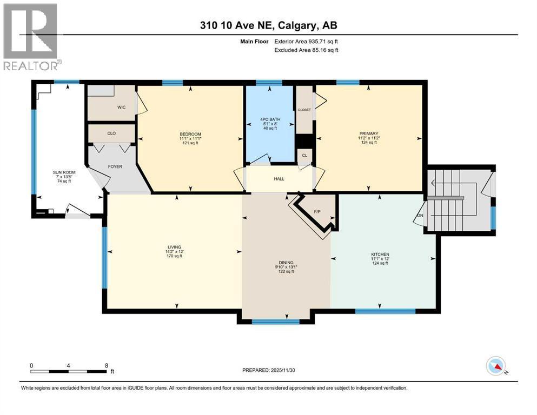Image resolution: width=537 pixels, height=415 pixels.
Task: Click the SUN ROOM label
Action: [x=64, y=172]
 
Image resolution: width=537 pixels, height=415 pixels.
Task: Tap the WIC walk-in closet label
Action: [x=122, y=108]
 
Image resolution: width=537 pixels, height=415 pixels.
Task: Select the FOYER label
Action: [x=115, y=166]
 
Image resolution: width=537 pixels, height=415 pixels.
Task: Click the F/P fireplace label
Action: [x=317, y=212]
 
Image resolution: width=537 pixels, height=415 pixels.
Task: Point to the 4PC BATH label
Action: [x=270, y=119]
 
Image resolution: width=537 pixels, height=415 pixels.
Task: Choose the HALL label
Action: [x=279, y=179]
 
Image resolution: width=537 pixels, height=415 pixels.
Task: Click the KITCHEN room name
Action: [x=380, y=255]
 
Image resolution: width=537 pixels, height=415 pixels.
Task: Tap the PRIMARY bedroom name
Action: [x=369, y=133]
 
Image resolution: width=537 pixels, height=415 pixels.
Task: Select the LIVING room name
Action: [x=174, y=247]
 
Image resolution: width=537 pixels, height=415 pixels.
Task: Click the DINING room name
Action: [x=286, y=263]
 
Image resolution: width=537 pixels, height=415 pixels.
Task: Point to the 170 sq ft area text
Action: [x=174, y=256]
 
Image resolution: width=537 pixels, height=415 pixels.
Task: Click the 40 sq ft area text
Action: [x=270, y=128]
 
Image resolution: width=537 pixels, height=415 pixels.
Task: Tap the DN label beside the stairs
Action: [x=420, y=216]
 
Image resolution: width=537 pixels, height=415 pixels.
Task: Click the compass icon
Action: [x=496, y=366]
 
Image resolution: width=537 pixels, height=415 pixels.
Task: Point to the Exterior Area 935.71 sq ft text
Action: [x=306, y=42]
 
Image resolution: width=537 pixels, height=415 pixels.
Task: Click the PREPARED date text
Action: [x=268, y=370]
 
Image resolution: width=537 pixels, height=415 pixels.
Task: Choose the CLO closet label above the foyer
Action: [x=111, y=133]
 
